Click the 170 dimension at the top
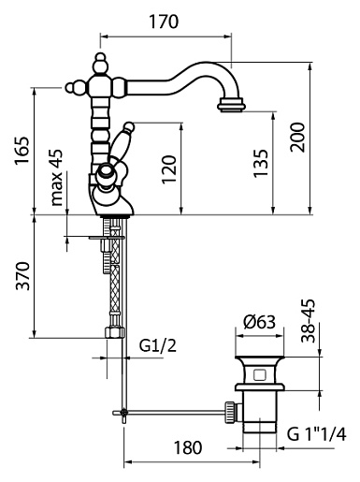pyautogui.click(x=164, y=22)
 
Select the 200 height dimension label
pyautogui.click(x=297, y=138)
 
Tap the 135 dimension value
pyautogui.click(x=261, y=164)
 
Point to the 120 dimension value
pyautogui.click(x=169, y=168)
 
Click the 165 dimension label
pyautogui.click(x=22, y=150)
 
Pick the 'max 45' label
pyautogui.click(x=57, y=177)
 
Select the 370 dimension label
pyautogui.click(x=23, y=276)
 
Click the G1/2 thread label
pyautogui.click(x=158, y=345)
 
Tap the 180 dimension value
pyautogui.click(x=188, y=447)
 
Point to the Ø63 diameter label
pyautogui.click(x=259, y=322)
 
